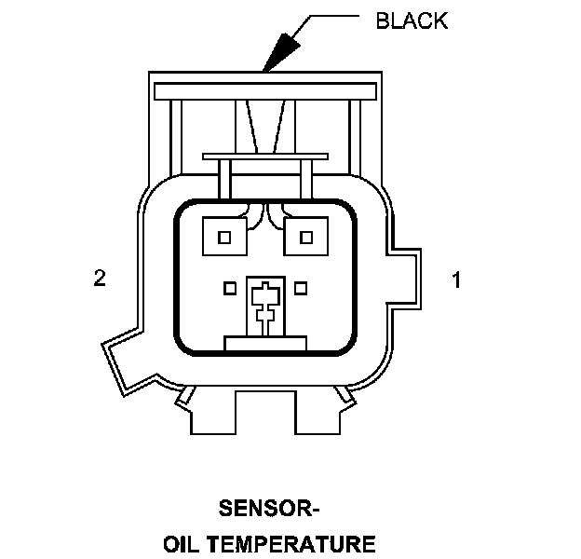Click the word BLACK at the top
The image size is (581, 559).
[x=412, y=20]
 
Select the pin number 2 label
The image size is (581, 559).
[x=100, y=279]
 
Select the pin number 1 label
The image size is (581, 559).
[x=456, y=279]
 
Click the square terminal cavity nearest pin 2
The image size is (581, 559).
[x=223, y=238]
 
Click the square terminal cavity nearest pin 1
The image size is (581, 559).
[x=305, y=238]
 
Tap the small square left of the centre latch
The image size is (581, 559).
[x=229, y=289]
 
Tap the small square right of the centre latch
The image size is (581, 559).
[x=301, y=289]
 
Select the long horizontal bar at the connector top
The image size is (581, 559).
[x=265, y=91]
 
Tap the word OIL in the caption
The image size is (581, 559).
[x=182, y=543]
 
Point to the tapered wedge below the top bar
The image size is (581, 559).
[x=265, y=127]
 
